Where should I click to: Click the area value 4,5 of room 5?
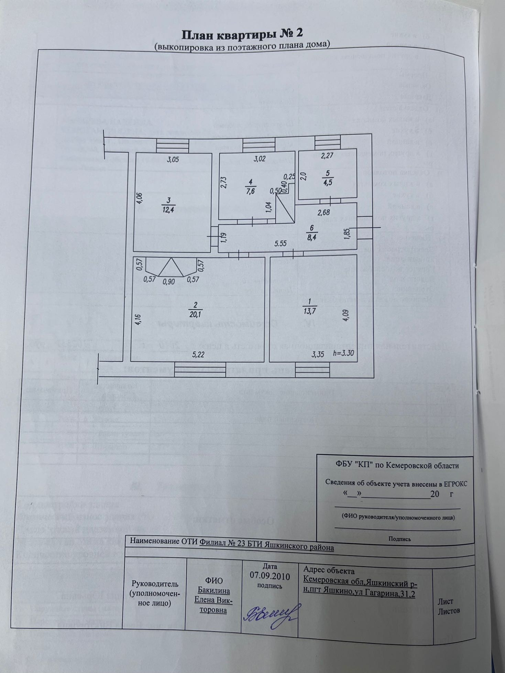pyautogui.click(x=327, y=182)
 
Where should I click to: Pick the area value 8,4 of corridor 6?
pyautogui.click(x=312, y=237)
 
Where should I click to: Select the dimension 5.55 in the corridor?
pyautogui.click(x=281, y=243)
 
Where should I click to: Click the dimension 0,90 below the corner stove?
pyautogui.click(x=168, y=282)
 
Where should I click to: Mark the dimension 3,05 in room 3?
pyautogui.click(x=173, y=159)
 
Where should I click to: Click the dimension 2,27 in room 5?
pyautogui.click(x=327, y=156)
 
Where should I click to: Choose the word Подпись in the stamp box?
pyautogui.click(x=399, y=539)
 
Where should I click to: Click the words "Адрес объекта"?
pyautogui.click(x=329, y=571)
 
